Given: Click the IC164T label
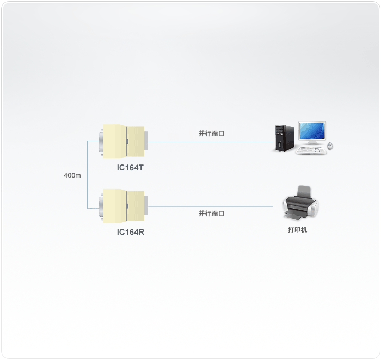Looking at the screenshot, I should [130, 167].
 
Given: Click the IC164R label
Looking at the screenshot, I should [130, 232].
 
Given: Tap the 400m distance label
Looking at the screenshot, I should [72, 175].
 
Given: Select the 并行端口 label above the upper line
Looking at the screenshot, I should [211, 133].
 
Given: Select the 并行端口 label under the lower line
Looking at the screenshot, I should [211, 213].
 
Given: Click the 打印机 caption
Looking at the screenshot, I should [297, 230].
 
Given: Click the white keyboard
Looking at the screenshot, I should [312, 150].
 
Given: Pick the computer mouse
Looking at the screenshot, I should [330, 145].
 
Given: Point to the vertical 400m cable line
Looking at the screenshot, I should [87, 174].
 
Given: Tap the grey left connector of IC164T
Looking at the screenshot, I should [101, 142].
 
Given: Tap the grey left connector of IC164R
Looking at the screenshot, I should [101, 206].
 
